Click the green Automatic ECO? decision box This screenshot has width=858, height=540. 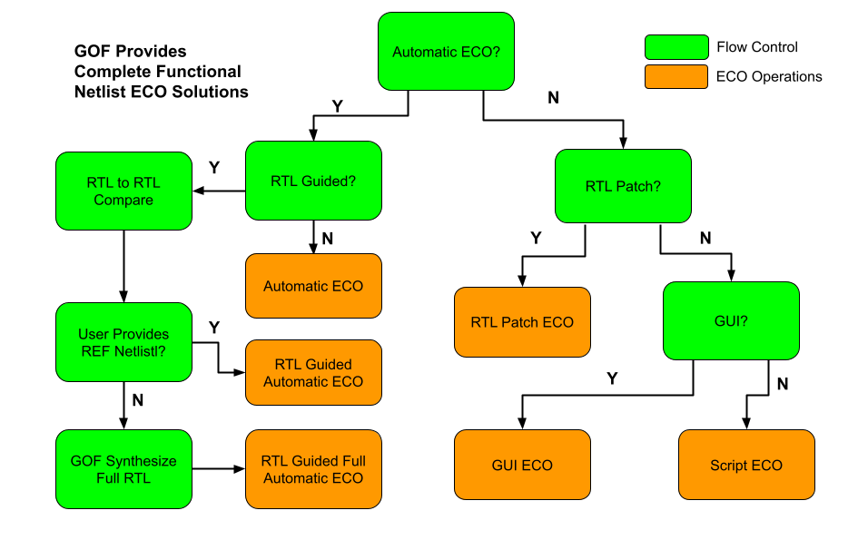(x=446, y=52)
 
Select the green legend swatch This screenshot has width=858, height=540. (x=676, y=47)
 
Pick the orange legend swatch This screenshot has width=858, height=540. (x=676, y=76)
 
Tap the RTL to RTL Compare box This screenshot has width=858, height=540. (x=123, y=191)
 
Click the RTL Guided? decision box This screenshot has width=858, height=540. (x=313, y=181)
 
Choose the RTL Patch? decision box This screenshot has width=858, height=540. (x=623, y=186)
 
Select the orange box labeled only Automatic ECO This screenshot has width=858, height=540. (x=313, y=286)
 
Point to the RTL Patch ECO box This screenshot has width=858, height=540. (x=522, y=322)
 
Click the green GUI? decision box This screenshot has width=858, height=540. (x=731, y=320)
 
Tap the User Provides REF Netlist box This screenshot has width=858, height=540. (x=123, y=342)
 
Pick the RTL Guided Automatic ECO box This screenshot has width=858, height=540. (x=313, y=372)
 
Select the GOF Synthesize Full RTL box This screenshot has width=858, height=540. (x=123, y=469)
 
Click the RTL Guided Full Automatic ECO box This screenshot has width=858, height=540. (x=313, y=469)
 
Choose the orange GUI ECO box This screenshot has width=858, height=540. (x=522, y=465)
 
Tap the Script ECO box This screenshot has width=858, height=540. (x=746, y=465)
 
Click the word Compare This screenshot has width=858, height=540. (x=123, y=201)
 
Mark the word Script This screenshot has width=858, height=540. (x=729, y=466)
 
